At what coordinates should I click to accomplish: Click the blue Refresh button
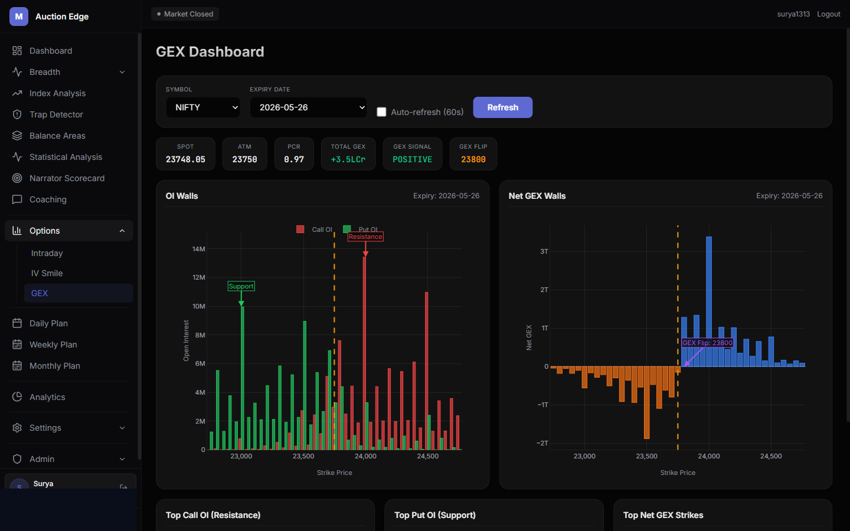pos(502,107)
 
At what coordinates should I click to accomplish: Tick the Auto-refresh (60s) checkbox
pos(381,112)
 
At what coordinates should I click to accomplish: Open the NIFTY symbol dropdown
pos(202,107)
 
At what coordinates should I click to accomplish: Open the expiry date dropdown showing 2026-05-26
pos(308,107)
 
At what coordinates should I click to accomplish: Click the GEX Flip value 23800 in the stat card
pos(473,159)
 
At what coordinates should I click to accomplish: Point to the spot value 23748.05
pos(185,159)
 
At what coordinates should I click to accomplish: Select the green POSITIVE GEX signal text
pos(412,159)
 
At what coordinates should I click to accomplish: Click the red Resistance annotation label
pos(365,237)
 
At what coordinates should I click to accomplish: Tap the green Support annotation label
pos(241,286)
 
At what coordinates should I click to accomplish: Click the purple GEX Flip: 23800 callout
pos(707,343)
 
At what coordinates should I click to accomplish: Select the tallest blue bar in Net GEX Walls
pos(709,301)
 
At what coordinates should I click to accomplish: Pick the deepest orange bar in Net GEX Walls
pos(646,402)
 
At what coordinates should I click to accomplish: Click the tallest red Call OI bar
pos(364,353)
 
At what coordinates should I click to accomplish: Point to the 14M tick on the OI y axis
pos(199,249)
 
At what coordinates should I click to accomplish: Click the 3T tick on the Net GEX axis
pos(544,251)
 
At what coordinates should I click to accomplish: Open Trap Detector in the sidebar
pos(56,114)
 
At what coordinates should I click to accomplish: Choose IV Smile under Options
pos(47,273)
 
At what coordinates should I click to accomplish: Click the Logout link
pos(828,14)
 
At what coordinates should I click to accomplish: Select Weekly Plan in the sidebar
pos(53,345)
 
